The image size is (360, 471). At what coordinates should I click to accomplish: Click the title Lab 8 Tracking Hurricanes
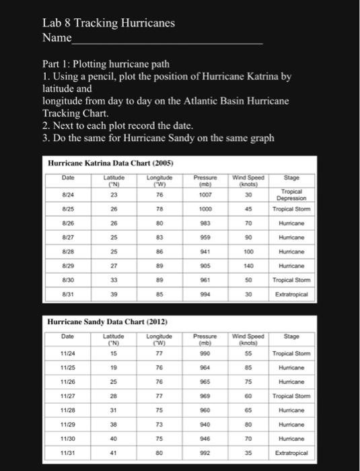108,24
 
